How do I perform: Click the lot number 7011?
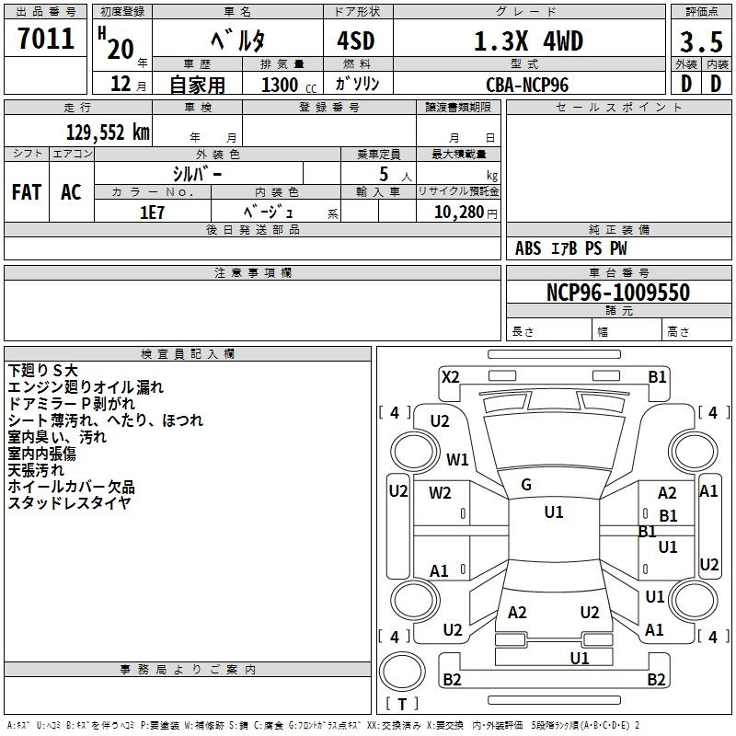(46, 39)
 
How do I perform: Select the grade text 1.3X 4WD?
(528, 40)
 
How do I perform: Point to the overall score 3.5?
(701, 41)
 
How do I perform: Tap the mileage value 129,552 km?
(108, 132)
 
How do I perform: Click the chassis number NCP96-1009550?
(618, 293)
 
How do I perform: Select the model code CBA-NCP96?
(527, 85)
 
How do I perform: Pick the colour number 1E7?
(152, 213)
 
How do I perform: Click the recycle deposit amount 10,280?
(458, 213)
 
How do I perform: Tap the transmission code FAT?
(27, 192)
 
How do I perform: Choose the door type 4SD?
(356, 40)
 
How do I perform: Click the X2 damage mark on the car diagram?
(450, 376)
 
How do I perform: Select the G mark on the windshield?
(526, 485)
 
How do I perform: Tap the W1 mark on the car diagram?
(457, 459)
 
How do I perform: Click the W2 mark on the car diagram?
(440, 492)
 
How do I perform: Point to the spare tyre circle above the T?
(402, 672)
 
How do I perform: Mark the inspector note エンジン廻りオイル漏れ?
(86, 387)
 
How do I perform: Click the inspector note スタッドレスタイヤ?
(70, 502)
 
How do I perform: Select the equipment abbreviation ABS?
(528, 248)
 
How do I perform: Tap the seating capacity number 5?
(384, 174)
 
